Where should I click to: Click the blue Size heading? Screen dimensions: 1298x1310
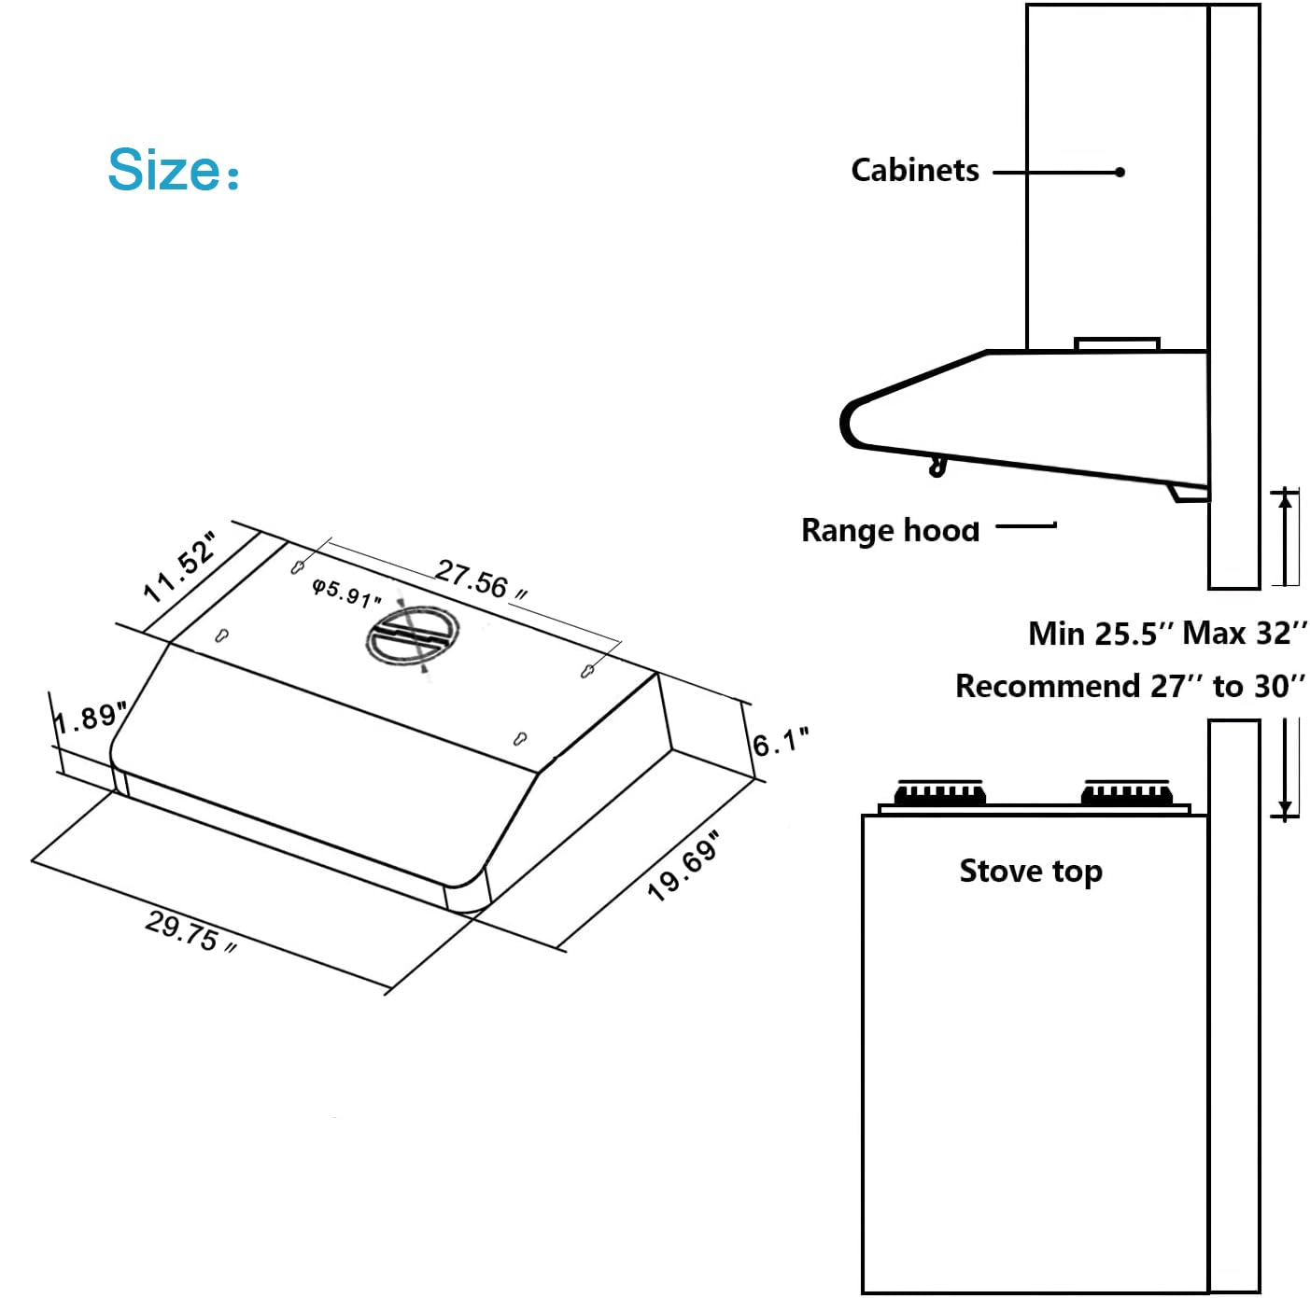173,170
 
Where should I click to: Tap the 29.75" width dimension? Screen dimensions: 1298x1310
190,931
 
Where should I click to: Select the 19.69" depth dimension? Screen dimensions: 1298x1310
685,867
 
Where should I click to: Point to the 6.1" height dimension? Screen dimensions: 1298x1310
781,743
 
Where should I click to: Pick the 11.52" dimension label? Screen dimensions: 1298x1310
180,567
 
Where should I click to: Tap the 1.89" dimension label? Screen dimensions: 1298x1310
89,719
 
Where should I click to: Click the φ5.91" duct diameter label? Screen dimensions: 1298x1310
346,592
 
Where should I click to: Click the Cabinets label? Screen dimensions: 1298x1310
914,171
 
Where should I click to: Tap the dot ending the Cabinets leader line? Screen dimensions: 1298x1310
1120,172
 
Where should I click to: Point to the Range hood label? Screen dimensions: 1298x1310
890,530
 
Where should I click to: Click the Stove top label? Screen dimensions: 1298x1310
1031,871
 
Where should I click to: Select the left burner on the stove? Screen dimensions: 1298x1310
939,793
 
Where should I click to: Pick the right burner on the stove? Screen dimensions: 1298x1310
1126,793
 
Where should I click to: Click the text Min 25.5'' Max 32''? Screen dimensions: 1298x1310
1167,634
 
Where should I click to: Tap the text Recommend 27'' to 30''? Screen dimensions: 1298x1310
1129,687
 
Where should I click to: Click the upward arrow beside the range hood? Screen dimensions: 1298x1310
1286,499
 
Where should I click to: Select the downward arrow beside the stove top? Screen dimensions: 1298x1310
1286,808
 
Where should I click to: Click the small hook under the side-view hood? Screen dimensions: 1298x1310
937,466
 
